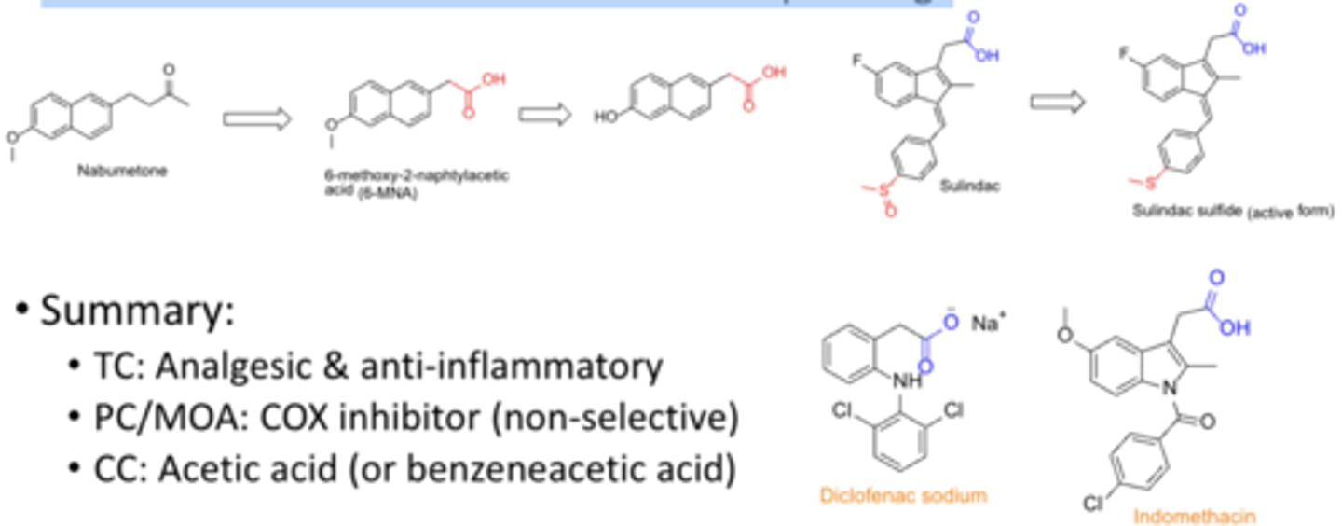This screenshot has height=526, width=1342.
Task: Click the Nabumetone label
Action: click(122, 170)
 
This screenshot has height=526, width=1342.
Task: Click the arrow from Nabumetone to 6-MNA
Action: click(256, 118)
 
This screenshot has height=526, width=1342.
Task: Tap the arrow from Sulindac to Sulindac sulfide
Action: click(1058, 102)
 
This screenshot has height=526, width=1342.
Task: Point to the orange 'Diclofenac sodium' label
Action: click(903, 495)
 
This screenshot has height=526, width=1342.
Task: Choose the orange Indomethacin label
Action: click(1194, 515)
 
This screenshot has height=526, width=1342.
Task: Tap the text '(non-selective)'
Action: click(616, 419)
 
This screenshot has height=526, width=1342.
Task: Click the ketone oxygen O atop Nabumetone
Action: click(169, 67)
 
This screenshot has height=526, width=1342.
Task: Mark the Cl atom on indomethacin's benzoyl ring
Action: click(1094, 505)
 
